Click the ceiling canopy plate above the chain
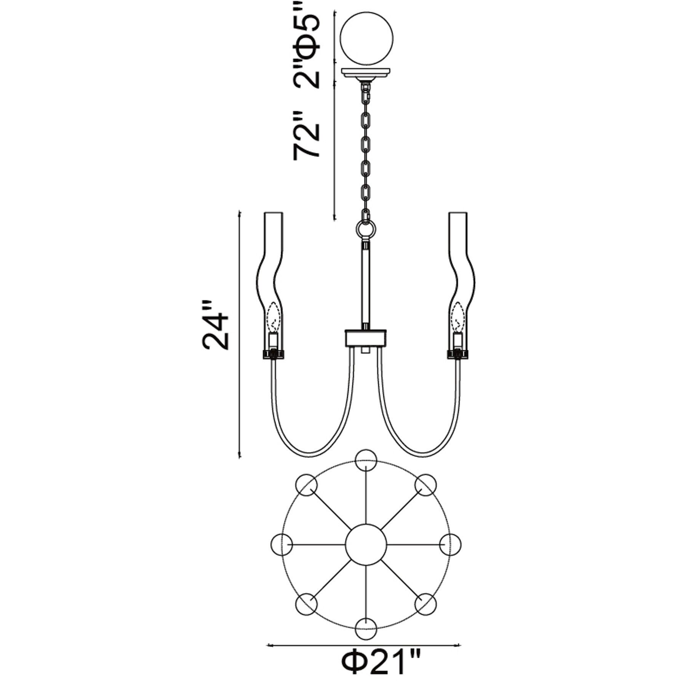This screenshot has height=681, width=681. point(366,74)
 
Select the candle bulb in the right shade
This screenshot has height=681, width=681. point(457,315)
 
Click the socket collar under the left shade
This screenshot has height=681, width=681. point(273,353)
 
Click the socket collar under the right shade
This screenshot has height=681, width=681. point(457,353)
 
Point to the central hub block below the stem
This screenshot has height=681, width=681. point(366,337)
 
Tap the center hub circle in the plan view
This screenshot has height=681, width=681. point(366,544)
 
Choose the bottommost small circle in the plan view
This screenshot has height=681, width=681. point(366,628)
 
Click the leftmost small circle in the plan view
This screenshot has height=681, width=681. point(283,544)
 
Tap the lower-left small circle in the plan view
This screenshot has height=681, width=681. point(307,603)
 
